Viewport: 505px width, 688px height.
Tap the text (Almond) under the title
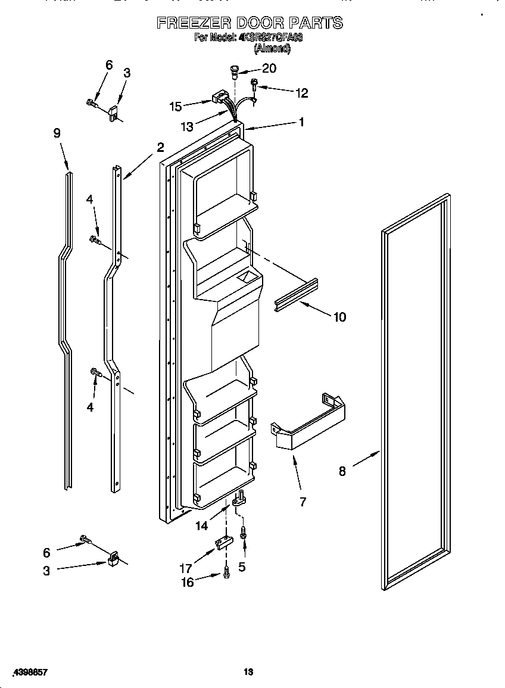point(272,49)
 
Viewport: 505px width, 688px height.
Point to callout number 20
point(269,69)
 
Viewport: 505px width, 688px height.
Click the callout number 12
point(302,92)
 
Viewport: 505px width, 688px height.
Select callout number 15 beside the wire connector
point(176,107)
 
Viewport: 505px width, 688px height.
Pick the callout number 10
point(339,317)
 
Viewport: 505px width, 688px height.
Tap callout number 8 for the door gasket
point(342,471)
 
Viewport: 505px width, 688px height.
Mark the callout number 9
point(57,133)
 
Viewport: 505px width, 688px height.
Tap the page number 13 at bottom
point(249,672)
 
